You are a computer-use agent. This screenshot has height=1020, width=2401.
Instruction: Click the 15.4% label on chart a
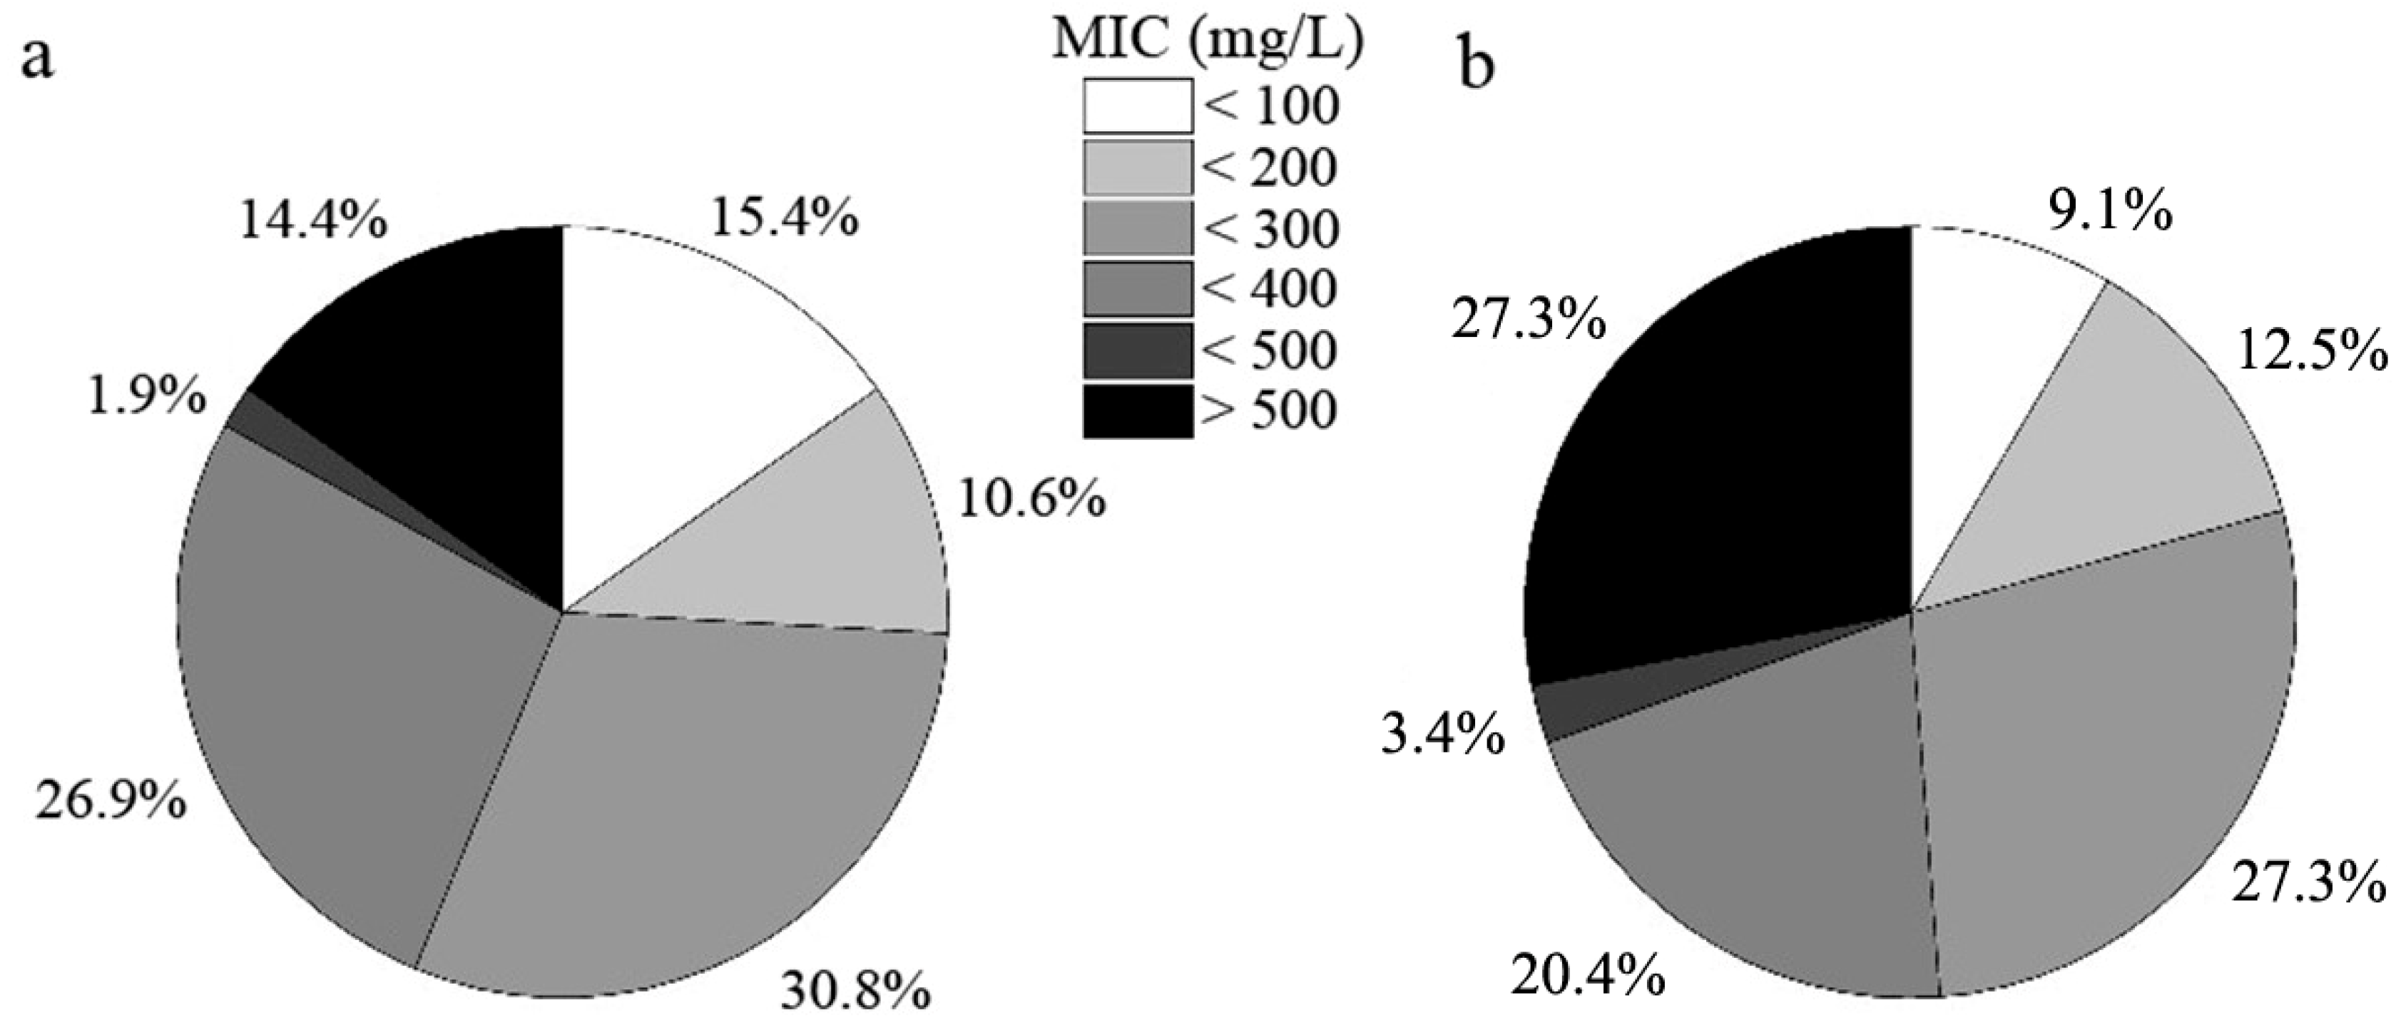[x=784, y=219]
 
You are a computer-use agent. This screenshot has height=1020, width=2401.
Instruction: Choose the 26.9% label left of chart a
[x=111, y=801]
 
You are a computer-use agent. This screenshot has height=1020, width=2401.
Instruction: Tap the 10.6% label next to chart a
[x=1031, y=500]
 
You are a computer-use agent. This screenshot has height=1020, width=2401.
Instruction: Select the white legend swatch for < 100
[x=1137, y=106]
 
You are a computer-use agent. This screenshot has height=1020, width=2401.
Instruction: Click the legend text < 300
[x=1270, y=228]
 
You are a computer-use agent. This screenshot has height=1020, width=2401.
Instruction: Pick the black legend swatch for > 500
[x=1137, y=411]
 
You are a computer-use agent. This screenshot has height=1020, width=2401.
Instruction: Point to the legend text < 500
[x=1270, y=350]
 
